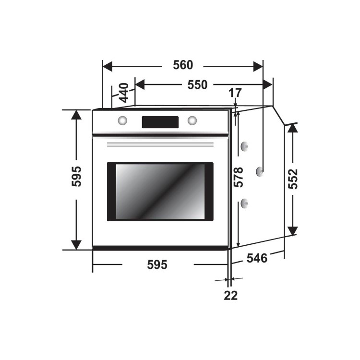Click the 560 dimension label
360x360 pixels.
tap(183, 65)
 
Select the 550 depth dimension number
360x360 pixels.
tap(197, 85)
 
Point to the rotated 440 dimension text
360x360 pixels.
tap(123, 93)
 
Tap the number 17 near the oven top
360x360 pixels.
tap(235, 93)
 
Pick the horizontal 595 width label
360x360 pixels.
tap(157, 264)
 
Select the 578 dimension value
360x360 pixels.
tap(239, 177)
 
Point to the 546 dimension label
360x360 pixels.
tap(257, 258)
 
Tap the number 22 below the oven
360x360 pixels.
tap(231, 296)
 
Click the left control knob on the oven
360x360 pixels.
tap(122, 120)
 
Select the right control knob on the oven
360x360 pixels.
tap(192, 120)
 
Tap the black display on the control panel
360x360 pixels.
tap(160, 122)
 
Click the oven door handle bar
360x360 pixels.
tap(160, 144)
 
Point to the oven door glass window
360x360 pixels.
tap(160, 191)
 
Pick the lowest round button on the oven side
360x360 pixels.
tap(244, 204)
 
